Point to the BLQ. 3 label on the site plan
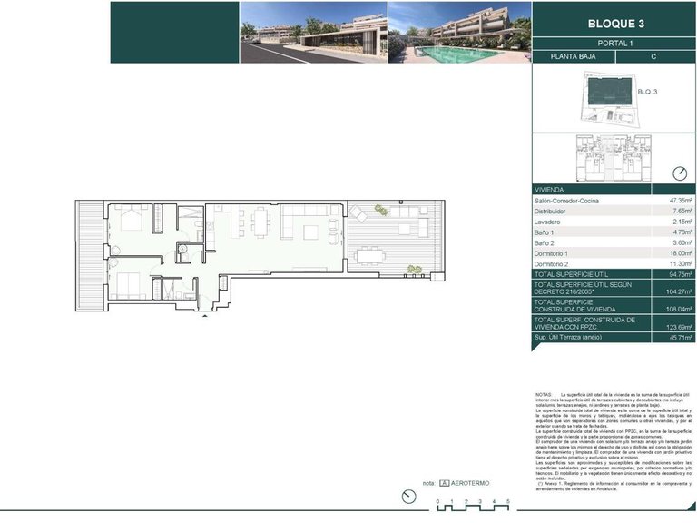647,91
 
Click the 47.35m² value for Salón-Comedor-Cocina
681,201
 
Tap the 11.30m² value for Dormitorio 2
681,264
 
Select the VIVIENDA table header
551,190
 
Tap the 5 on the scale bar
508,502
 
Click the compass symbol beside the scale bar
407,496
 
